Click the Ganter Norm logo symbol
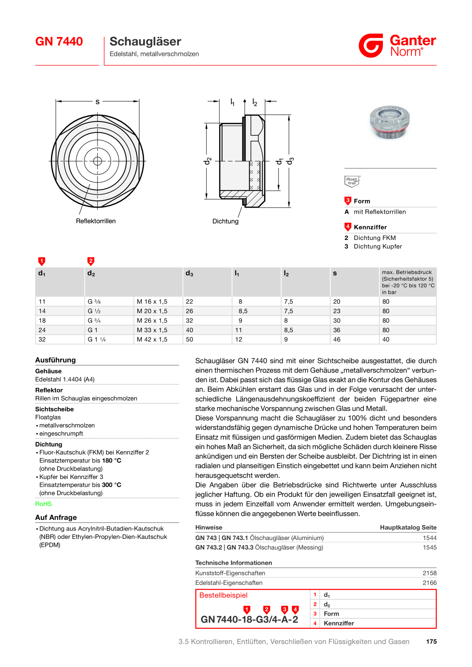pyautogui.click(x=371, y=46)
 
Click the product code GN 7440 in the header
pyautogui.click(x=59, y=41)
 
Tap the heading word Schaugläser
pyautogui.click(x=145, y=41)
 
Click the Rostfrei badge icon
pyautogui.click(x=352, y=181)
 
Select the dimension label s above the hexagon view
pyautogui.click(x=97, y=102)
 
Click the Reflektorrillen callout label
pyautogui.click(x=96, y=221)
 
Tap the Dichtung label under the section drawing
pyautogui.click(x=225, y=221)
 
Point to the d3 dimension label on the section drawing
pyautogui.click(x=290, y=161)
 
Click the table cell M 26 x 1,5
pyautogui.click(x=152, y=321)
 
